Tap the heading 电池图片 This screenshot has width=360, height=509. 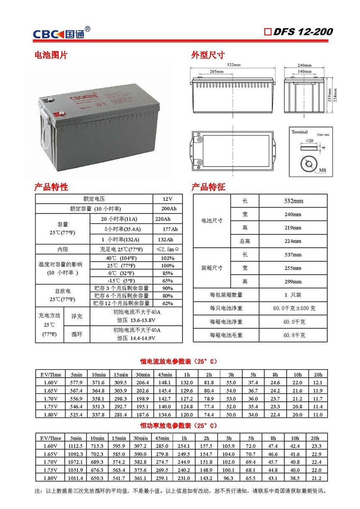pyautogui.click(x=51, y=55)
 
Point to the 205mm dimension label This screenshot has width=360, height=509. pyautogui.click(x=216, y=72)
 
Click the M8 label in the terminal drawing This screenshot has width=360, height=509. pyautogui.click(x=322, y=170)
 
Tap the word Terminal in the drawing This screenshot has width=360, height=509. pyautogui.click(x=299, y=132)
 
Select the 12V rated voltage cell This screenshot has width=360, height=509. pyautogui.click(x=167, y=198)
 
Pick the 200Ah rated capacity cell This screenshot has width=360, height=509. pyautogui.click(x=167, y=208)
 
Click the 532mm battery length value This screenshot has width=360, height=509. pyautogui.click(x=293, y=201)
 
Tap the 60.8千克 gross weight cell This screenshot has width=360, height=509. pyautogui.click(x=293, y=335)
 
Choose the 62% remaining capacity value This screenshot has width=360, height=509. pyautogui.click(x=167, y=303)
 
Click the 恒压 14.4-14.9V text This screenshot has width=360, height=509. pyautogui.click(x=136, y=337)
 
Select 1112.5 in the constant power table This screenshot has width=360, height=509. pyautogui.click(x=76, y=446)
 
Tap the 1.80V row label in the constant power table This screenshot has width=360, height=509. pyautogui.click(x=50, y=478)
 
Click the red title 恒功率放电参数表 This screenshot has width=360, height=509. pyautogui.click(x=178, y=425)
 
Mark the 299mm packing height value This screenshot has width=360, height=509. pyautogui.click(x=293, y=282)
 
